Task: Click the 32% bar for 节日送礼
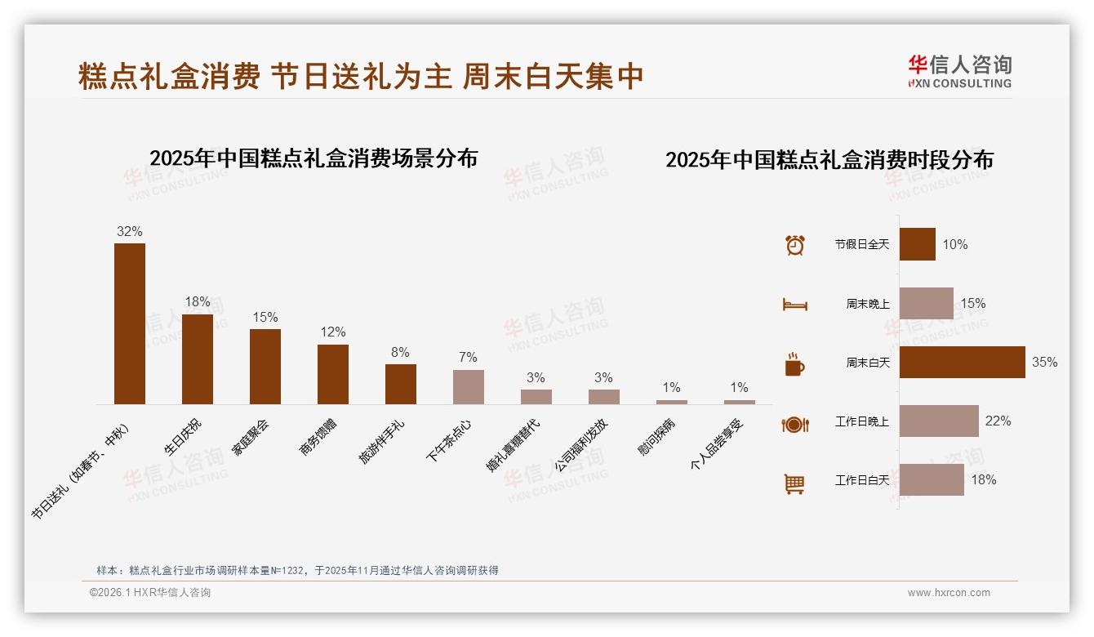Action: coord(129,323)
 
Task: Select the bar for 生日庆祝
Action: coord(197,359)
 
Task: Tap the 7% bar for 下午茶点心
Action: coord(468,387)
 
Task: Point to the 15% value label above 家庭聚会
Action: coord(265,317)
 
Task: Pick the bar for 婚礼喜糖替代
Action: coord(536,397)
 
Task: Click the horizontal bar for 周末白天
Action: coord(962,362)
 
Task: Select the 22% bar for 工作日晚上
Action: coord(939,421)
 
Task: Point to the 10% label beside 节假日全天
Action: coord(954,244)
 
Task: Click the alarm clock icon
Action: coord(794,245)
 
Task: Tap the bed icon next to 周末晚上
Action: coord(794,304)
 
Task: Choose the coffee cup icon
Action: coord(794,363)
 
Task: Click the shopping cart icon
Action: coord(794,483)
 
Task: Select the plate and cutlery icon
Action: coord(794,424)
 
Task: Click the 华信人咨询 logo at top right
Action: coord(959,72)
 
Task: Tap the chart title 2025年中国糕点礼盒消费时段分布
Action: coord(829,159)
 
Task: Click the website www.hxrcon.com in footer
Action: coord(949,593)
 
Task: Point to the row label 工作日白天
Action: coord(861,480)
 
